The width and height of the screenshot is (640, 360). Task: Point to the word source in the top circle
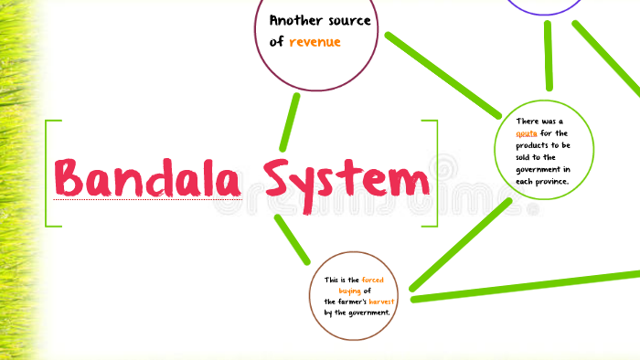[x=347, y=21]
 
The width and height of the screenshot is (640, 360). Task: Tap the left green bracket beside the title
[x=48, y=173]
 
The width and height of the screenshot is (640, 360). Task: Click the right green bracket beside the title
[x=433, y=173]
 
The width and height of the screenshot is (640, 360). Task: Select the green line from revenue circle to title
[x=290, y=121]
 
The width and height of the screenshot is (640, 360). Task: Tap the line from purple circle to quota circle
[x=549, y=55]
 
